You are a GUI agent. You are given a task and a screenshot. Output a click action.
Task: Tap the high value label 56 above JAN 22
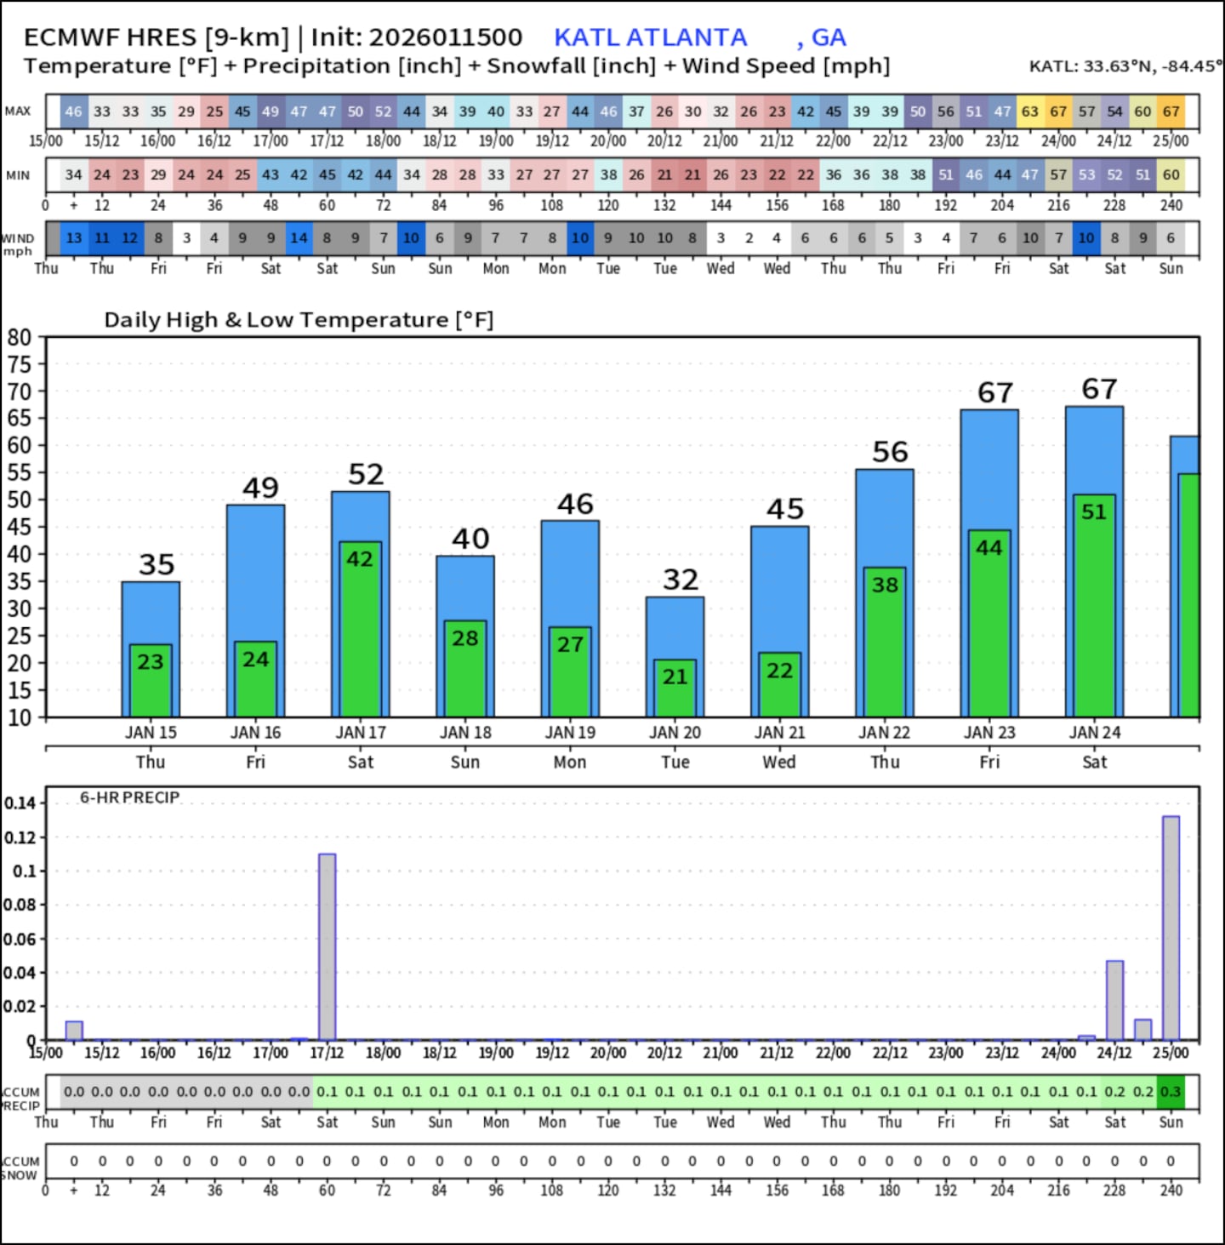pyautogui.click(x=890, y=452)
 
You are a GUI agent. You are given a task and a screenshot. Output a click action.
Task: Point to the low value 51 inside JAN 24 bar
pyautogui.click(x=1094, y=511)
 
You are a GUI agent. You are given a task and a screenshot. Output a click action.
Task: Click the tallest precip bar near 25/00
pyautogui.click(x=1171, y=928)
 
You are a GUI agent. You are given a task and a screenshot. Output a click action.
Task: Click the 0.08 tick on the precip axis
pyautogui.click(x=20, y=905)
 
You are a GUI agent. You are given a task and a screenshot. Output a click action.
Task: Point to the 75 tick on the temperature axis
pyautogui.click(x=19, y=364)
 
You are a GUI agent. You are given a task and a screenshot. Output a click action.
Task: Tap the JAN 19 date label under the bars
pyautogui.click(x=570, y=733)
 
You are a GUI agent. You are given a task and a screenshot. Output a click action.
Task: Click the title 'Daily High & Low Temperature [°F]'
pyautogui.click(x=299, y=320)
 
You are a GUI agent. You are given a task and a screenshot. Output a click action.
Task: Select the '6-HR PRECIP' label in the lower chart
pyautogui.click(x=129, y=797)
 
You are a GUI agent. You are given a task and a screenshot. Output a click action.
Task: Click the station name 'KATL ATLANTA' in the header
pyautogui.click(x=650, y=37)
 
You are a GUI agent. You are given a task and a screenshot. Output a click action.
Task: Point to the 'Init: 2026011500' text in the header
pyautogui.click(x=417, y=37)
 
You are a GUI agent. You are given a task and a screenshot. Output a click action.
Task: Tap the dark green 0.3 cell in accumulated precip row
pyautogui.click(x=1171, y=1092)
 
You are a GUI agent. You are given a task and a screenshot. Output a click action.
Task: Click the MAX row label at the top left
pyautogui.click(x=17, y=111)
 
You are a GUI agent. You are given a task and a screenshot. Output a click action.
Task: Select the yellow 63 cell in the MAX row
pyautogui.click(x=1030, y=111)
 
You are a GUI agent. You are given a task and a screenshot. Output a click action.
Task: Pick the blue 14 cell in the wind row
pyautogui.click(x=299, y=238)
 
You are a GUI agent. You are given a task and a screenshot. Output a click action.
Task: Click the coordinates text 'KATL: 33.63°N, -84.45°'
pyautogui.click(x=1125, y=66)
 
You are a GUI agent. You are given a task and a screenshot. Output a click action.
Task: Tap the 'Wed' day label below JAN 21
pyautogui.click(x=779, y=762)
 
